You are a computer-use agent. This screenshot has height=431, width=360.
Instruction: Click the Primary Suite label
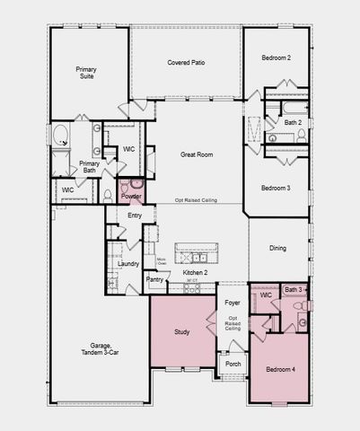pyautogui.click(x=86, y=73)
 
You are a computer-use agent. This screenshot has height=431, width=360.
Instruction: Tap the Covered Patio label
pyautogui.click(x=186, y=63)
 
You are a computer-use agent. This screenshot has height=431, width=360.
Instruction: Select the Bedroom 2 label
pyautogui.click(x=276, y=57)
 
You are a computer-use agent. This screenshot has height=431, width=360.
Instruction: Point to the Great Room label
pyautogui.click(x=197, y=154)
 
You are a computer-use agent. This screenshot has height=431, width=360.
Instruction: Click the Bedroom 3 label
pyautogui.click(x=275, y=188)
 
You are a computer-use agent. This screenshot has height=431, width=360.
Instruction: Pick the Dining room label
pyautogui.click(x=277, y=248)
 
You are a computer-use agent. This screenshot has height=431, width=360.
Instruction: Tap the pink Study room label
pyautogui.click(x=181, y=332)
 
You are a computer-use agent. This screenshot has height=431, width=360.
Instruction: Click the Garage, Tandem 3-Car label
pyautogui.click(x=86, y=348)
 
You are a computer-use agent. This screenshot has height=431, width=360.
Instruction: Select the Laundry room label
pyautogui.click(x=127, y=263)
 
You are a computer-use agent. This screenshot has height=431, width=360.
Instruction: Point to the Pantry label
pyautogui.click(x=155, y=280)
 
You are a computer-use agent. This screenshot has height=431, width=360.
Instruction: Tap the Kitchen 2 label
pyautogui.click(x=195, y=272)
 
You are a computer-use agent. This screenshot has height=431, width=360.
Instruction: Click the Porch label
pyautogui.click(x=233, y=364)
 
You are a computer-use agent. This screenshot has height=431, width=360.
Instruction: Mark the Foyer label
pyautogui.click(x=233, y=303)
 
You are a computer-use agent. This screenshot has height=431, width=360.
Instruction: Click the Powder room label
pyautogui.click(x=131, y=196)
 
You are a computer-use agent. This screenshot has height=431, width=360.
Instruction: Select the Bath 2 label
pyautogui.click(x=292, y=122)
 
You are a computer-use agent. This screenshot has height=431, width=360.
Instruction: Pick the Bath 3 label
pyautogui.click(x=293, y=290)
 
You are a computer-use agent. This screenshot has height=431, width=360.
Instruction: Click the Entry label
pyautogui.click(x=135, y=215)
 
